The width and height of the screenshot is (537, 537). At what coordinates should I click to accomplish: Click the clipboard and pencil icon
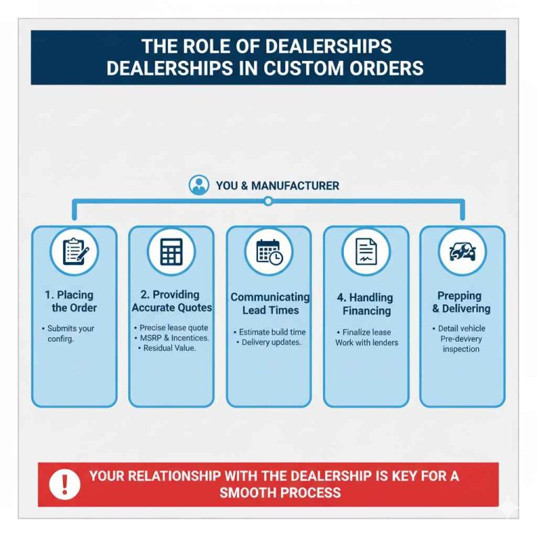coord(76,252)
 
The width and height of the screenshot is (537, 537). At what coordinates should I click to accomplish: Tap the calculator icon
coord(171,252)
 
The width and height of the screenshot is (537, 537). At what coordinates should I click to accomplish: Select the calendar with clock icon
coord(269,252)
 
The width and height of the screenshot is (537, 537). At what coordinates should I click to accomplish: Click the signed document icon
coord(366,252)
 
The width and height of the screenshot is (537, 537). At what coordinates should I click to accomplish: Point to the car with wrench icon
coord(462,252)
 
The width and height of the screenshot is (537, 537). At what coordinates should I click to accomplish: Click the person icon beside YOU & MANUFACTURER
coord(199,185)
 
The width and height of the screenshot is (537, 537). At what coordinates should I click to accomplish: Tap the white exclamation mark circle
coord(64,485)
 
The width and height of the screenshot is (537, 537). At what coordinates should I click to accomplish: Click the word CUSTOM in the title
coord(303,68)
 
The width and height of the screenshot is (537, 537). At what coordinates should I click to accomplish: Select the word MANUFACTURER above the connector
coord(295,185)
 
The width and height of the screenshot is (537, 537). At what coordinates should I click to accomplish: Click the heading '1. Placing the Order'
coord(71,301)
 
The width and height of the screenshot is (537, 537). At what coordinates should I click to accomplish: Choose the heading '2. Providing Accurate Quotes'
coord(171,301)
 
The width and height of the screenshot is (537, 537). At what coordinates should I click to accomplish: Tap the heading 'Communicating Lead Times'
coord(270,303)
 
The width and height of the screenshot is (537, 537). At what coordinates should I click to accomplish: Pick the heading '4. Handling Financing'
coord(366,304)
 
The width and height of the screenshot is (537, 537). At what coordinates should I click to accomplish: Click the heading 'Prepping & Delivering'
coord(461,302)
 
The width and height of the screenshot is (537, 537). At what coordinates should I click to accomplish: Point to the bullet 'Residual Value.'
coord(167,348)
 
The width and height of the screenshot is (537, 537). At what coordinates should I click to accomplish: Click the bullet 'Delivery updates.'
coord(268,342)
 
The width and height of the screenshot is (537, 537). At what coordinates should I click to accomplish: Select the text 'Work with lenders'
coord(367,343)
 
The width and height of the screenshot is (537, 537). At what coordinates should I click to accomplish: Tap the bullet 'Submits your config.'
coord(68,334)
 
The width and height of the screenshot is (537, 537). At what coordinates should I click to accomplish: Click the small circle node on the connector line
coord(268,201)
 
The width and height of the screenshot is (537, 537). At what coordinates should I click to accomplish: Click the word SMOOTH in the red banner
coord(247,493)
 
